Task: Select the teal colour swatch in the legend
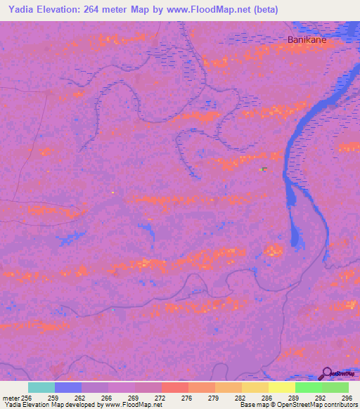[41, 387]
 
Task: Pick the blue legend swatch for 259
[68, 387]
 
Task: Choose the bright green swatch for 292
[309, 387]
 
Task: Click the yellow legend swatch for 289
[282, 387]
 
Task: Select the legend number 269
[122, 397]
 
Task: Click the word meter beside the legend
[11, 397]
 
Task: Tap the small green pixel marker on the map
[261, 169]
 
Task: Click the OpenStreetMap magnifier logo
[327, 374]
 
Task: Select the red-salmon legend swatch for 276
[175, 387]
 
